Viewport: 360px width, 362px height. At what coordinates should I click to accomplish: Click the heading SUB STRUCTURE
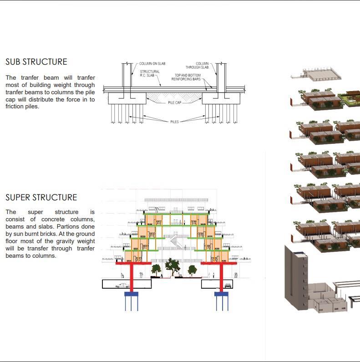click(36, 62)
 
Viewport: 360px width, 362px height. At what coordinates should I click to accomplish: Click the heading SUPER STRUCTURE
click(41, 197)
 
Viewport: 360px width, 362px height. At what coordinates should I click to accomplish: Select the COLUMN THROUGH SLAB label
click(202, 66)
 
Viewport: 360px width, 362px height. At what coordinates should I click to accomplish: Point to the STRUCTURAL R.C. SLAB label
click(149, 74)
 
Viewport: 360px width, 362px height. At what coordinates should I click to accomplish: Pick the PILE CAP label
click(175, 103)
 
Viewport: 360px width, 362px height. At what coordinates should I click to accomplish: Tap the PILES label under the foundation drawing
click(175, 122)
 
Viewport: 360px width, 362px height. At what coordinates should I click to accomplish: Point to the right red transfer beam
click(222, 263)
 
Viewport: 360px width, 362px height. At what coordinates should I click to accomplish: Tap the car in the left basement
click(124, 286)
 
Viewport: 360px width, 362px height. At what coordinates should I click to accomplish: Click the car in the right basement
click(227, 286)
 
